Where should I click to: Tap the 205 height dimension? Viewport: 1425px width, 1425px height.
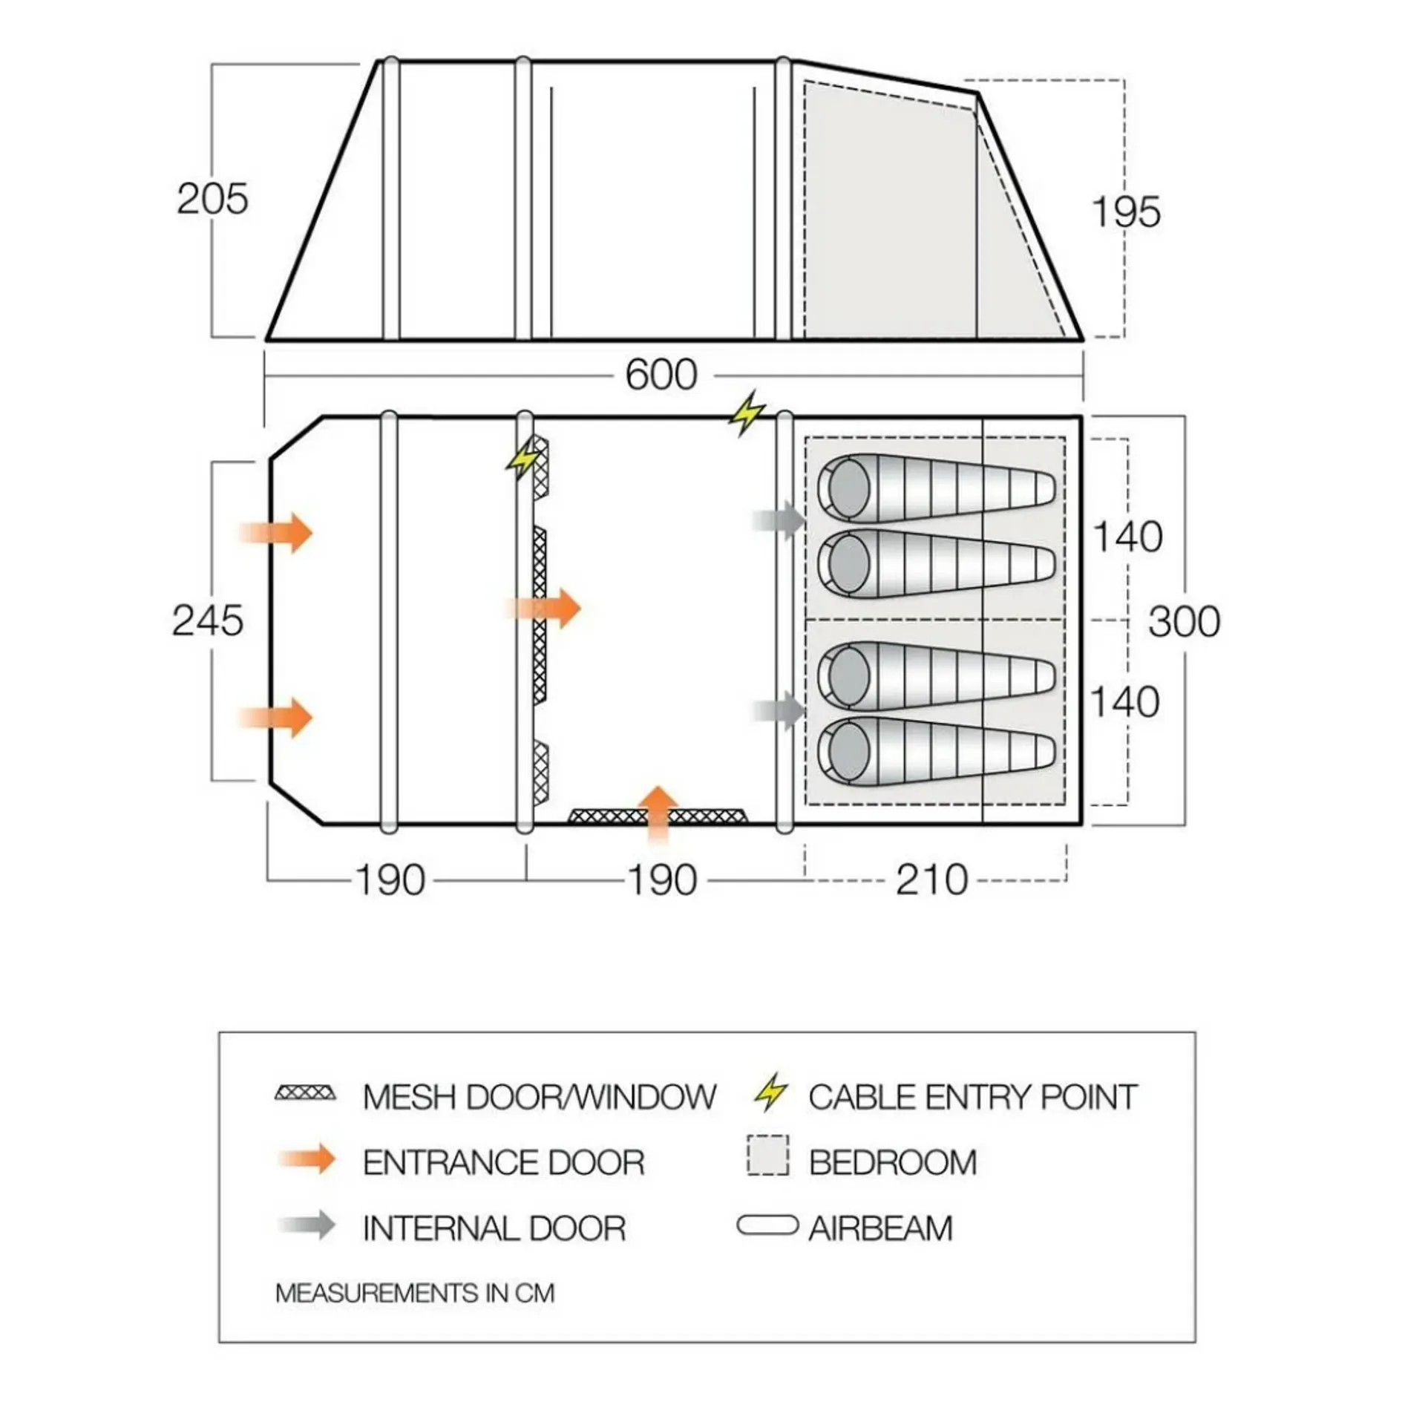(x=212, y=199)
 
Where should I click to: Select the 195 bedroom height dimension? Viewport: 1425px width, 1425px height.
(x=1126, y=212)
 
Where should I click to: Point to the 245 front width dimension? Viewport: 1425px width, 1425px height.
(x=208, y=620)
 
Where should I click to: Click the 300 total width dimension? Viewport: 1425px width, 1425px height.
(x=1184, y=621)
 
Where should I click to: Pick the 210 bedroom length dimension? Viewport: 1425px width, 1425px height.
(x=932, y=880)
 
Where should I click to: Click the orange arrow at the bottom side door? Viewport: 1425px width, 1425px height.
(x=658, y=815)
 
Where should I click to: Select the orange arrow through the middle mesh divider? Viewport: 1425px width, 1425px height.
(x=543, y=609)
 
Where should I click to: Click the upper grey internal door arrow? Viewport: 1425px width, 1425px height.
(x=779, y=521)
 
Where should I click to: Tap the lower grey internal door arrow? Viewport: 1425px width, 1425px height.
(x=779, y=711)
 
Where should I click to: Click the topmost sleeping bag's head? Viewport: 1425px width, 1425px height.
(x=846, y=488)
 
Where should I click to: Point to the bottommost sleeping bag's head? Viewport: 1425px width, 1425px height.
(x=846, y=751)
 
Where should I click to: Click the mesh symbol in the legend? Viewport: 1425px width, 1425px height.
(x=305, y=1093)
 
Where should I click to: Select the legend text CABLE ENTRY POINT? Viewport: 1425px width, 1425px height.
(x=972, y=1097)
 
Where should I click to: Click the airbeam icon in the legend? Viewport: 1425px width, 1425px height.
(x=767, y=1225)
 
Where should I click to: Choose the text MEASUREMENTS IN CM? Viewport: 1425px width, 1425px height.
(x=415, y=1293)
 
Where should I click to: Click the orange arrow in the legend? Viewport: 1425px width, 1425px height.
(x=307, y=1159)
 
